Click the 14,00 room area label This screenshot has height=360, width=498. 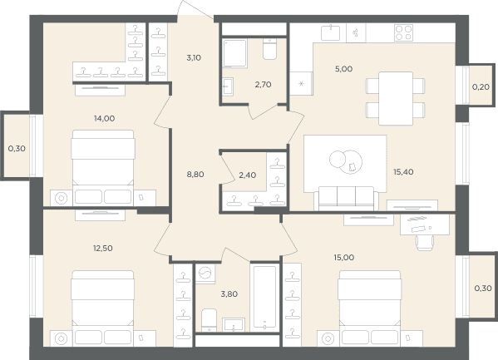coord(104,119)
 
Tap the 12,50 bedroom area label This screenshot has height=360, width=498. coord(102,248)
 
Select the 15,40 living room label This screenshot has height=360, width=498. coord(403,172)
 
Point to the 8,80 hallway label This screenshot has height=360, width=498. coord(195,174)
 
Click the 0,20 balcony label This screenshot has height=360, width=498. coord(481,86)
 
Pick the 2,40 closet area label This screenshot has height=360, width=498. coord(248,175)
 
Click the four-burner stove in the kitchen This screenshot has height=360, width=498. coord(404,32)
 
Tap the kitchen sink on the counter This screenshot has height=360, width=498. coord(331,33)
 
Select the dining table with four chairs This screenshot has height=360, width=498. coord(396,98)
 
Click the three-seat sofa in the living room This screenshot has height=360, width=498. coord(346,199)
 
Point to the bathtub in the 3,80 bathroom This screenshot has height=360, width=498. coord(264,298)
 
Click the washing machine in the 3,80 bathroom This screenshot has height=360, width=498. coord(205,273)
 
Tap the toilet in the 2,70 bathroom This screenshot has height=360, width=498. coord(269,49)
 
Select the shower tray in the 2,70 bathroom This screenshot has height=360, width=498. coord(234,53)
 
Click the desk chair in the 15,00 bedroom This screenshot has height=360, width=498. coord(425,243)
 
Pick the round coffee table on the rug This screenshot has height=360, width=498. coord(346,162)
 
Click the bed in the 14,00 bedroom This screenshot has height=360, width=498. coord(103,168)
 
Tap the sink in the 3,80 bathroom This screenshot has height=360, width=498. coord(234,325)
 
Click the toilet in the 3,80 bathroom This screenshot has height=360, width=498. coord(209,320)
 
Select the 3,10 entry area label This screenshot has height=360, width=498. coord(194,58)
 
